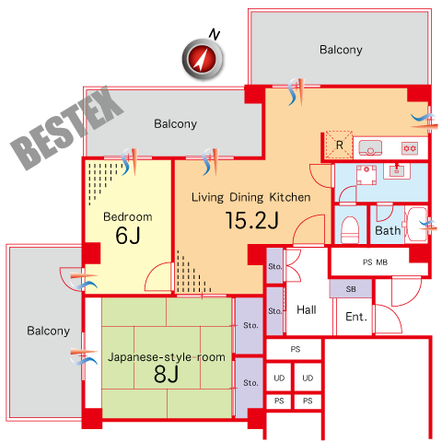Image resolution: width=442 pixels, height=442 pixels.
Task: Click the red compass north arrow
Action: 203,58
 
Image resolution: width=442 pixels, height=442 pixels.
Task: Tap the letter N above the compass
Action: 215,34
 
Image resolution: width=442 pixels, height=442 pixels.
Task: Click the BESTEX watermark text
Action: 67,128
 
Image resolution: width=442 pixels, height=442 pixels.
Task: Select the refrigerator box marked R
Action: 339,145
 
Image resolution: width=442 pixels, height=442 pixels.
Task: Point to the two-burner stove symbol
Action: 410,148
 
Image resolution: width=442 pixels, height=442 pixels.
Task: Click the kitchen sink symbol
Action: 370,147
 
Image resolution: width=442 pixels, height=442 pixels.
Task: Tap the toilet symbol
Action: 350,230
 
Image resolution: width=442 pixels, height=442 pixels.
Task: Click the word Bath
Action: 388,230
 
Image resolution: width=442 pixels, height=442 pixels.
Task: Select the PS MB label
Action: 375,262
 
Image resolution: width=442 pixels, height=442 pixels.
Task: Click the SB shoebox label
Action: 351,289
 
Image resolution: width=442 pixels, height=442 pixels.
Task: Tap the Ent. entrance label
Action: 356,317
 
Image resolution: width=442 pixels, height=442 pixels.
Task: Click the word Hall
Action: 307,309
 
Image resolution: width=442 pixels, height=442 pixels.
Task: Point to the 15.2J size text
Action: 252,220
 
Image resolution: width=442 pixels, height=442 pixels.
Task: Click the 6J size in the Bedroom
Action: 128,236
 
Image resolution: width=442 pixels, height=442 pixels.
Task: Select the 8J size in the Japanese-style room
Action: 166,374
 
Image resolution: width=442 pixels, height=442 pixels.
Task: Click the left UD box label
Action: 279,378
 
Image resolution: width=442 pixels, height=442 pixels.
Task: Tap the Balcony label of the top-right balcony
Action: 341,50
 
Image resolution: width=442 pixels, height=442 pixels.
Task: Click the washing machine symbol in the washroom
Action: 366,175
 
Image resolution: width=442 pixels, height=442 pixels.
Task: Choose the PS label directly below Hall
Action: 296,349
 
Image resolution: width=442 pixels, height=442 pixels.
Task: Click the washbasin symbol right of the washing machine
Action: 397,170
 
